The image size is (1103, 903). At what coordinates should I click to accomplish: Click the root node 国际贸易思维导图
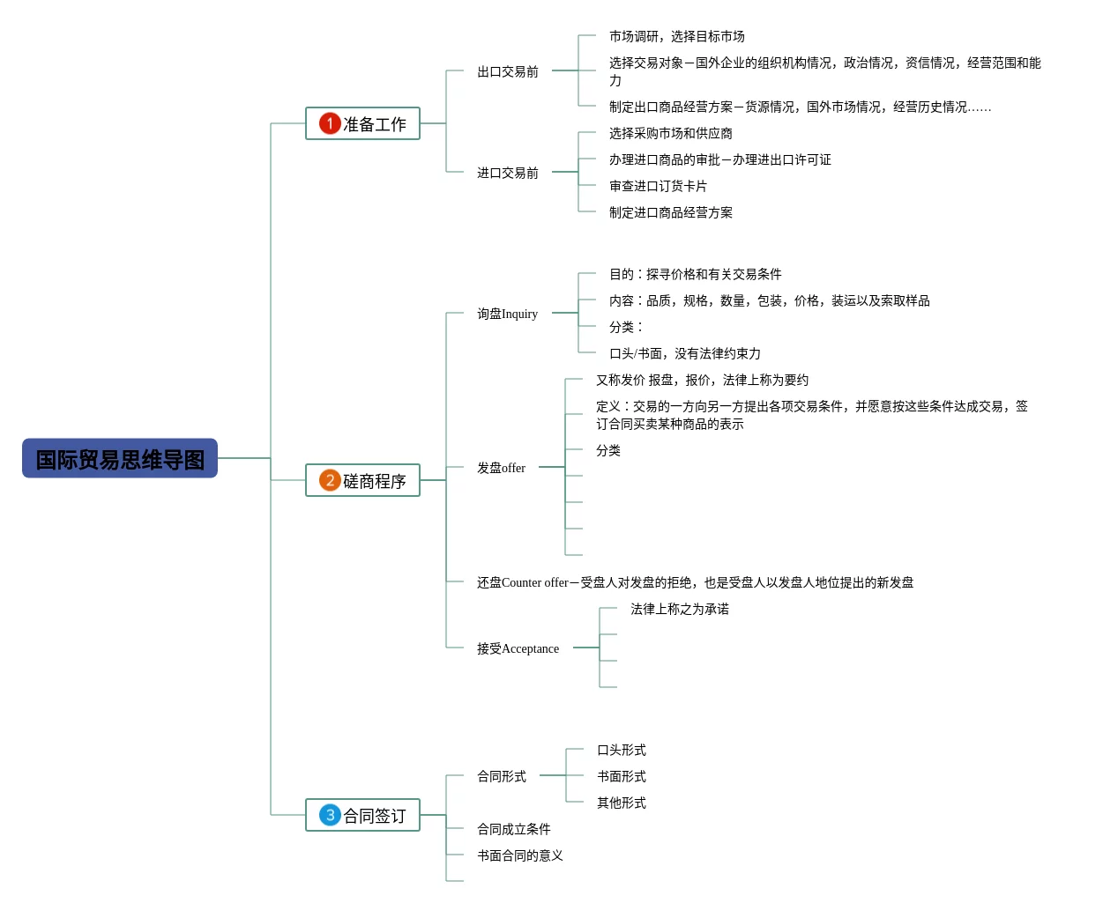(120, 459)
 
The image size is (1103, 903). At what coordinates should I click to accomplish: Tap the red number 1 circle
(330, 123)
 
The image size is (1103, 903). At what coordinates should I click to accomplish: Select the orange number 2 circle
(330, 480)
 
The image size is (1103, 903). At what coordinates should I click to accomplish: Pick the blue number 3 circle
(330, 815)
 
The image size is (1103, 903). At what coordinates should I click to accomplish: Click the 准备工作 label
(375, 124)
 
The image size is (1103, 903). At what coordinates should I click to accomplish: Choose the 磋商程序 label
(375, 481)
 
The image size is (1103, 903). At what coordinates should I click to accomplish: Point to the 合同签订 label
(375, 816)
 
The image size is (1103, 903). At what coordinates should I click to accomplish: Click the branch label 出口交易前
(507, 71)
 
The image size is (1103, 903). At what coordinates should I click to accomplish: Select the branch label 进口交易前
(507, 173)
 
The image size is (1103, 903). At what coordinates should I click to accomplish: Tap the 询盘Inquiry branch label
(507, 314)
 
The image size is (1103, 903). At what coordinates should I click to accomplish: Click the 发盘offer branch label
(501, 468)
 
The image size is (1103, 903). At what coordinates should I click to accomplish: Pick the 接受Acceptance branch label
(518, 648)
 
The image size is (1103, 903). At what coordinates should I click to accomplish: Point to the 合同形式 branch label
(501, 776)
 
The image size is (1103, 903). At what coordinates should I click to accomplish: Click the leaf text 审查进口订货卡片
(658, 186)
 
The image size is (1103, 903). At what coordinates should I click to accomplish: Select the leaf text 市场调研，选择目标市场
(676, 36)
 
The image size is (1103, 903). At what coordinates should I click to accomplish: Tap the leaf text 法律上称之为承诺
(679, 609)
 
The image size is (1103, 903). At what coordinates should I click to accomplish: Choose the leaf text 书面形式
(621, 776)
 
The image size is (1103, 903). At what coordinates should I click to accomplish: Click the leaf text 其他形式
(621, 803)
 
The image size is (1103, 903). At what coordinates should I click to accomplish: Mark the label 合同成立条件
(513, 829)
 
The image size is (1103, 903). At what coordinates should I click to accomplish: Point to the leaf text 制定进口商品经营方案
(670, 212)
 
